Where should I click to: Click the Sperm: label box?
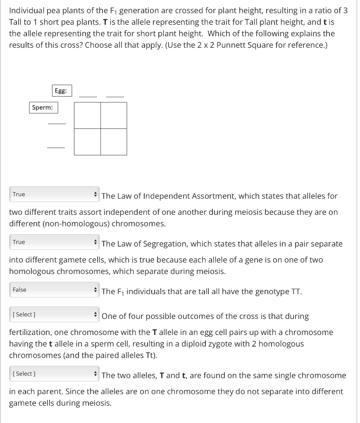coord(43,107)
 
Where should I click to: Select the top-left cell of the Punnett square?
coord(87,115)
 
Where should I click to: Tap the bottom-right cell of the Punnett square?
coord(114,142)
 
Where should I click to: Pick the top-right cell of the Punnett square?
coord(114,115)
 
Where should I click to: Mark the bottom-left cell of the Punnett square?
coord(87,142)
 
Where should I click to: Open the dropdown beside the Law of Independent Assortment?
coord(54,194)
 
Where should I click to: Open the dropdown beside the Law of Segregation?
coord(54,242)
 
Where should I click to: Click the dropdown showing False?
coord(54,290)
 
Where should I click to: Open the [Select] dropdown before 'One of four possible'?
coord(54,315)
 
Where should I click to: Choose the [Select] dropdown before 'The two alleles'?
coord(54,374)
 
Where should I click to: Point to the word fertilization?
coord(29,332)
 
